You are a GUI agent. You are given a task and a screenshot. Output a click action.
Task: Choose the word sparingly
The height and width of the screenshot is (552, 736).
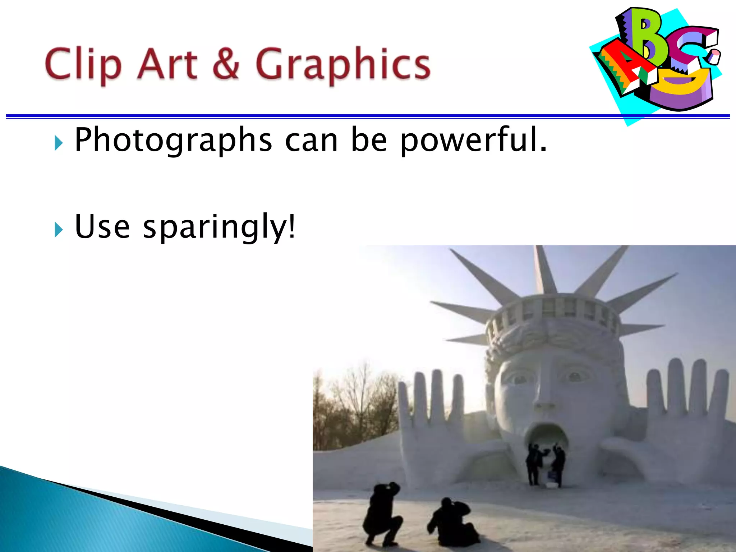point(219,227)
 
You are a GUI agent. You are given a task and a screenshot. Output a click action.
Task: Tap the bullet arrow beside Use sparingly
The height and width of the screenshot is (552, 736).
point(59,230)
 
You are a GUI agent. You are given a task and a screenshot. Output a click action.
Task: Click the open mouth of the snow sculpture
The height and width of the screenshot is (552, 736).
point(546,437)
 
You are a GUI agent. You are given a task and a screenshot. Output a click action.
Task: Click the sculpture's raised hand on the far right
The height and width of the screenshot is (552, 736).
point(686,406)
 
